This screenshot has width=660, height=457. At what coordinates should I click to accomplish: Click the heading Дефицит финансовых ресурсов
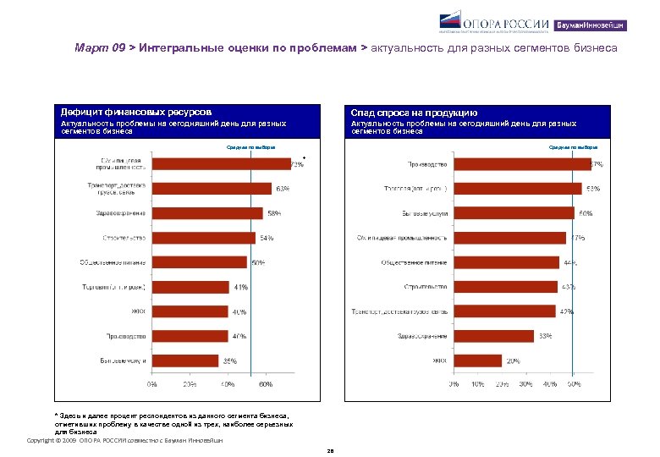coord(135,112)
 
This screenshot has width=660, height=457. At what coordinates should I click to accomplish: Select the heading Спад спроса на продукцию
coord(415,113)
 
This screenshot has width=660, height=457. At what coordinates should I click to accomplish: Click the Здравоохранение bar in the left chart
coord(207,212)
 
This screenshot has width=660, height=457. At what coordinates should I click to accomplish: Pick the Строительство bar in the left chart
coord(204,237)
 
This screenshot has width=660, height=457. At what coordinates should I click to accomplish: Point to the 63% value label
coord(283,188)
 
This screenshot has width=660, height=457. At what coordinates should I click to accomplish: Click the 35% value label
coord(229,361)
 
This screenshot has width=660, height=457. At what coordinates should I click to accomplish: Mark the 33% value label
coord(546,336)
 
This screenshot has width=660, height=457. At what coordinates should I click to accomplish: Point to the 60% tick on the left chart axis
coord(266,384)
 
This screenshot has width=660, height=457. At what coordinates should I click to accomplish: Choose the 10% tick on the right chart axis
coord(478,384)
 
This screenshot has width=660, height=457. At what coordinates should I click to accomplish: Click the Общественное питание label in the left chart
coord(113,262)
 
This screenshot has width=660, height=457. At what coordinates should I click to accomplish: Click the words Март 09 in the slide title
coord(99,49)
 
